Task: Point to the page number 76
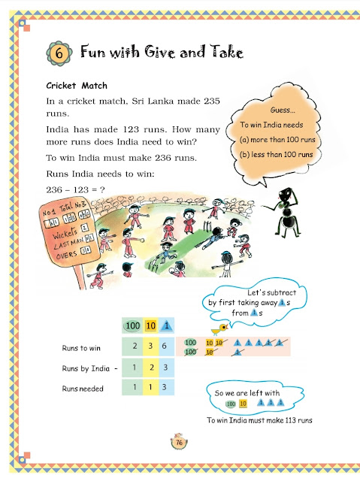[180, 442]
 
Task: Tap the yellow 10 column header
[150, 325]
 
